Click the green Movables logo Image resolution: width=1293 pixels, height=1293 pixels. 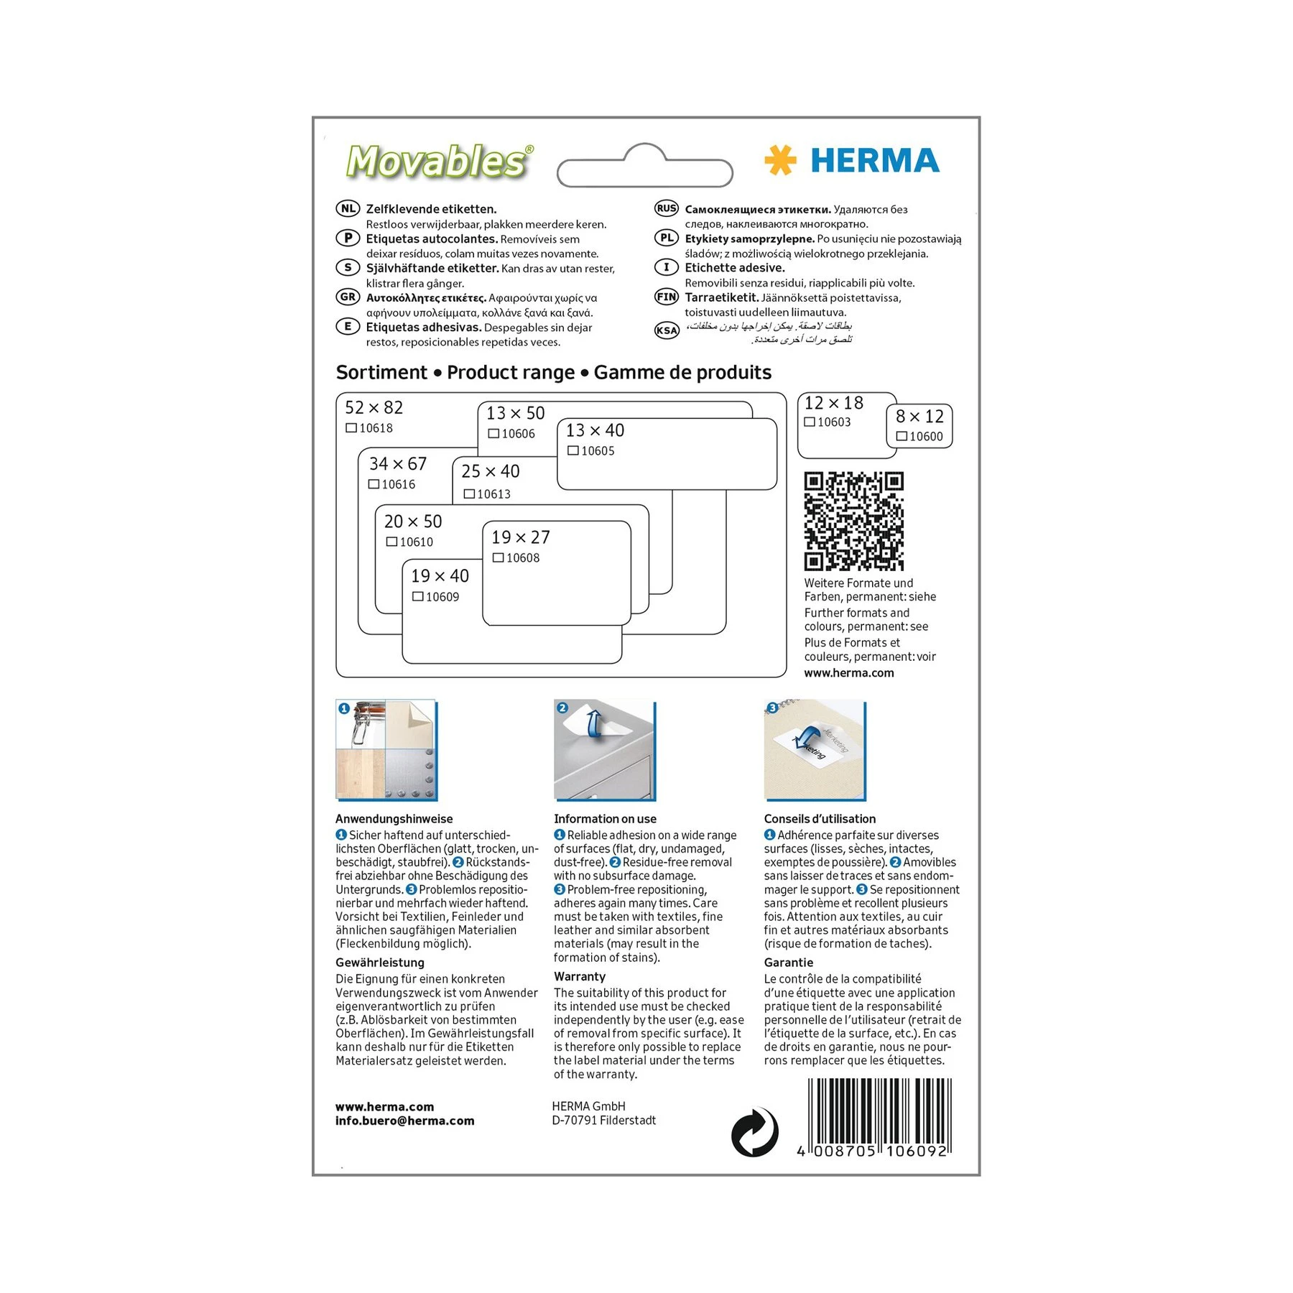coord(438,161)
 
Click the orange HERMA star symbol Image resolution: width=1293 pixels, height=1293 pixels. coord(780,160)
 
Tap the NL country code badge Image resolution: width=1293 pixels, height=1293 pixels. coord(348,209)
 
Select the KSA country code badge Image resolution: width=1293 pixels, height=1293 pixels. coord(667,330)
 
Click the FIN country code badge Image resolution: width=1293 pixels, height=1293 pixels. coord(667,297)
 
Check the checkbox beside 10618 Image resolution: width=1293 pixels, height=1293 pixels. coord(351,428)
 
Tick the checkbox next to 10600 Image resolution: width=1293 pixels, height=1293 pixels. coord(902,436)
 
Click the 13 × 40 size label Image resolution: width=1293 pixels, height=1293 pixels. coord(595,430)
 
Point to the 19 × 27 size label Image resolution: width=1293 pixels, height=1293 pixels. coord(521,537)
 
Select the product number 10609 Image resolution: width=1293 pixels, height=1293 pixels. coord(442,597)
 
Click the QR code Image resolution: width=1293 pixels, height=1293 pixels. coord(853,521)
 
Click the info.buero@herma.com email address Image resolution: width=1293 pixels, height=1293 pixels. coord(404,1121)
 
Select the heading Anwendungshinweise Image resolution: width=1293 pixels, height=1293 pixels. coord(394,819)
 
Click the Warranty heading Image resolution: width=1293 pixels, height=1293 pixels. coord(580,977)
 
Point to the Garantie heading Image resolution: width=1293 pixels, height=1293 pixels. coord(789,963)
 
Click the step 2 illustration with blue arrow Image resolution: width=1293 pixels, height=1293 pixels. coord(604,750)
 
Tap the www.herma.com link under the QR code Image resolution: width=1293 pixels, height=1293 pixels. coord(849,673)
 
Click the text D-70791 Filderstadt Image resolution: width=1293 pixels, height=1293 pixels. coord(603,1121)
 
